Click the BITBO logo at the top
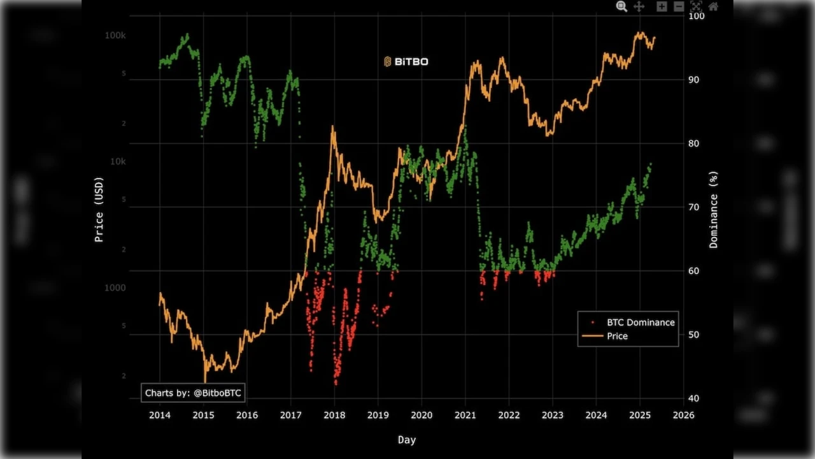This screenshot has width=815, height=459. (406, 62)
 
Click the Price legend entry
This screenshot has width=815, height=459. (616, 336)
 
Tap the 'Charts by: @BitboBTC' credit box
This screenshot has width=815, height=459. (193, 393)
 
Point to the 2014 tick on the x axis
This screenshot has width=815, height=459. (159, 415)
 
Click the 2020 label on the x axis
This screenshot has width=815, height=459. (422, 415)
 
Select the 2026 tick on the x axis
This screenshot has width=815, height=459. (683, 415)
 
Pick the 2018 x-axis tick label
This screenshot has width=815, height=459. (334, 415)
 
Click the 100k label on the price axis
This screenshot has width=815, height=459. (115, 36)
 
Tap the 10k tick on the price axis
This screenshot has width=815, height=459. (117, 162)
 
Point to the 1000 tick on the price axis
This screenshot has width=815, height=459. (115, 288)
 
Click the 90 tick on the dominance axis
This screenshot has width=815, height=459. (697, 80)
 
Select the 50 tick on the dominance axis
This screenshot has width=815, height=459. (697, 335)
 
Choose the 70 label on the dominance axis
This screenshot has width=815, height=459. (697, 207)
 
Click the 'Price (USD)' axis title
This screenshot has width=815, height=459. (99, 210)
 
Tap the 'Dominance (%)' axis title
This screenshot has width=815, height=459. (713, 210)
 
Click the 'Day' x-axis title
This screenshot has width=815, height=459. (407, 440)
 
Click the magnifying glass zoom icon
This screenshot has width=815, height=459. (621, 6)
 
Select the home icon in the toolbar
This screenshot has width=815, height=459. (713, 6)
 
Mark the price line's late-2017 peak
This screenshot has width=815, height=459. (332, 127)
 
